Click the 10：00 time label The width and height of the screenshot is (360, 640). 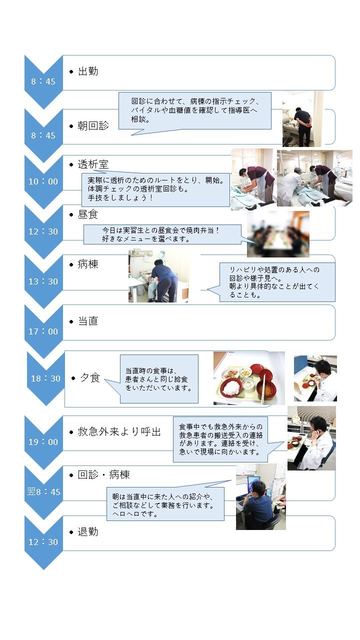[x=43, y=181]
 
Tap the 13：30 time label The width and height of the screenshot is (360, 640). [x=43, y=281]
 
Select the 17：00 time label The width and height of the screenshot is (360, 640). [x=43, y=331]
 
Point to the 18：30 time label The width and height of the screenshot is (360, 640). [x=45, y=378]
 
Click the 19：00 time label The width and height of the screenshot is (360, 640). [x=43, y=442]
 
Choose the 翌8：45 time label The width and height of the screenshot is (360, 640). [x=43, y=491]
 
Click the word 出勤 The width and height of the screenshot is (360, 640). [x=88, y=71]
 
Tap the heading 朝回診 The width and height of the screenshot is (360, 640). [x=93, y=125]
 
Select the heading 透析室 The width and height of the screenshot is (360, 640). [x=93, y=164]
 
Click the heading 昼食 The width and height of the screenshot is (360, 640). [x=88, y=214]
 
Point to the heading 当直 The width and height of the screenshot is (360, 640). [x=88, y=321]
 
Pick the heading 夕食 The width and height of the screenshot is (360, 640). [x=90, y=377]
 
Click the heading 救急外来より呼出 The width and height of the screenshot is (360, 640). [x=119, y=431]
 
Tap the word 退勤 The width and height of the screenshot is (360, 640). [x=88, y=531]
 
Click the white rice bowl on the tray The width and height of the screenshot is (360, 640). [x=231, y=388]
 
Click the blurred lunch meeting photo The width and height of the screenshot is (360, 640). [x=278, y=234]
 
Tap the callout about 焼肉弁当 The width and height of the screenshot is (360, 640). [x=162, y=234]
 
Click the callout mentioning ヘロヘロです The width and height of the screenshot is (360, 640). [x=165, y=504]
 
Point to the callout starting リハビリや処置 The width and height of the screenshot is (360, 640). [x=277, y=282]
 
